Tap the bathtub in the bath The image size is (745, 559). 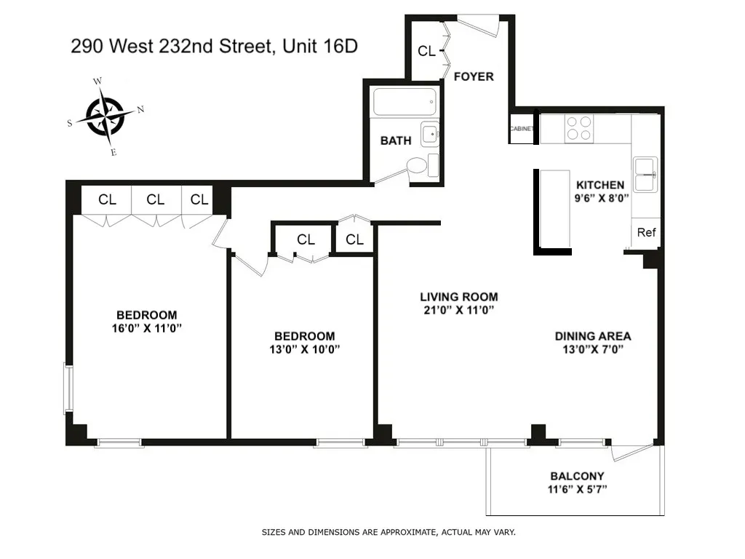tap(405, 103)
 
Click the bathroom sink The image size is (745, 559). tap(431, 134)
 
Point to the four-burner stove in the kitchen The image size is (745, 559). tap(580, 128)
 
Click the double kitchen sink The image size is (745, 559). tap(645, 174)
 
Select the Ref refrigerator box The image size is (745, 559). tap(646, 233)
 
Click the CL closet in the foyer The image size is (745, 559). tap(426, 51)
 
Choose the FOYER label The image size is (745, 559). tap(474, 76)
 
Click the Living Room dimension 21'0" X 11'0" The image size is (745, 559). tap(459, 309)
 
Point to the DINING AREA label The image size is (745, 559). tap(592, 336)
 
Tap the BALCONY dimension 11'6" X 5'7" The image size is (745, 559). tap(578, 489)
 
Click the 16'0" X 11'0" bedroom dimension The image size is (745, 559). tap(146, 328)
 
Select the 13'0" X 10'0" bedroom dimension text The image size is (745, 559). tap(304, 349)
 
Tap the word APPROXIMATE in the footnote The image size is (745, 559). tap(398, 532)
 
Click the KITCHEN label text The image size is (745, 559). tap(600, 185)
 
